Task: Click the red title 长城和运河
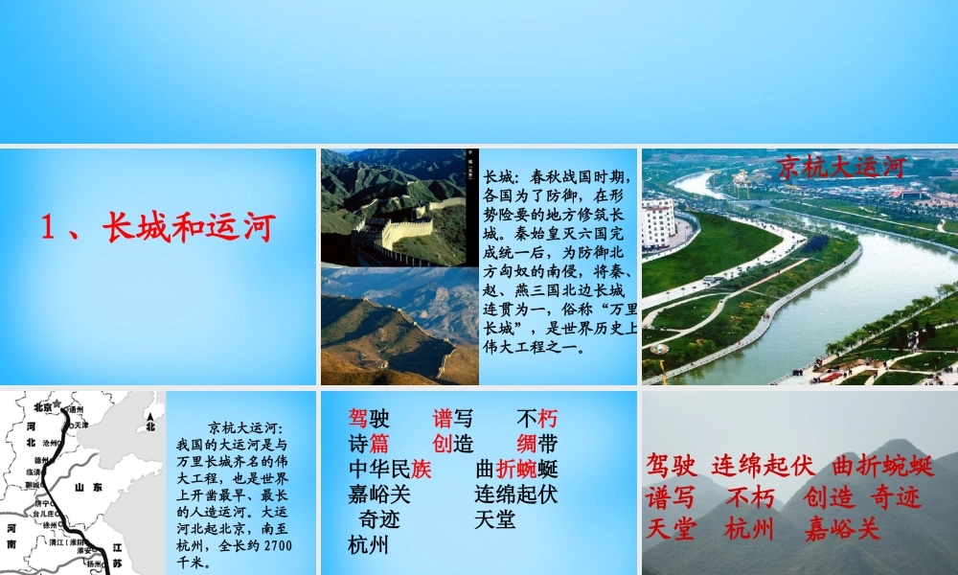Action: [158, 227]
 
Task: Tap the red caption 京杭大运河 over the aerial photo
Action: [841, 167]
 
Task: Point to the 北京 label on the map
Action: [40, 405]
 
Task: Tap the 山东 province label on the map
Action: [89, 488]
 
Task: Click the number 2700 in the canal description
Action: [275, 545]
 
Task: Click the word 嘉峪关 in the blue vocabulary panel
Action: [378, 494]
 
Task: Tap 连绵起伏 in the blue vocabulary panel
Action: [515, 494]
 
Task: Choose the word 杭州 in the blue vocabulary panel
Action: [369, 546]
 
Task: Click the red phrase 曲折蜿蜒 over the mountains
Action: [883, 467]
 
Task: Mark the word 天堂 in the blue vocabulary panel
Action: [494, 520]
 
